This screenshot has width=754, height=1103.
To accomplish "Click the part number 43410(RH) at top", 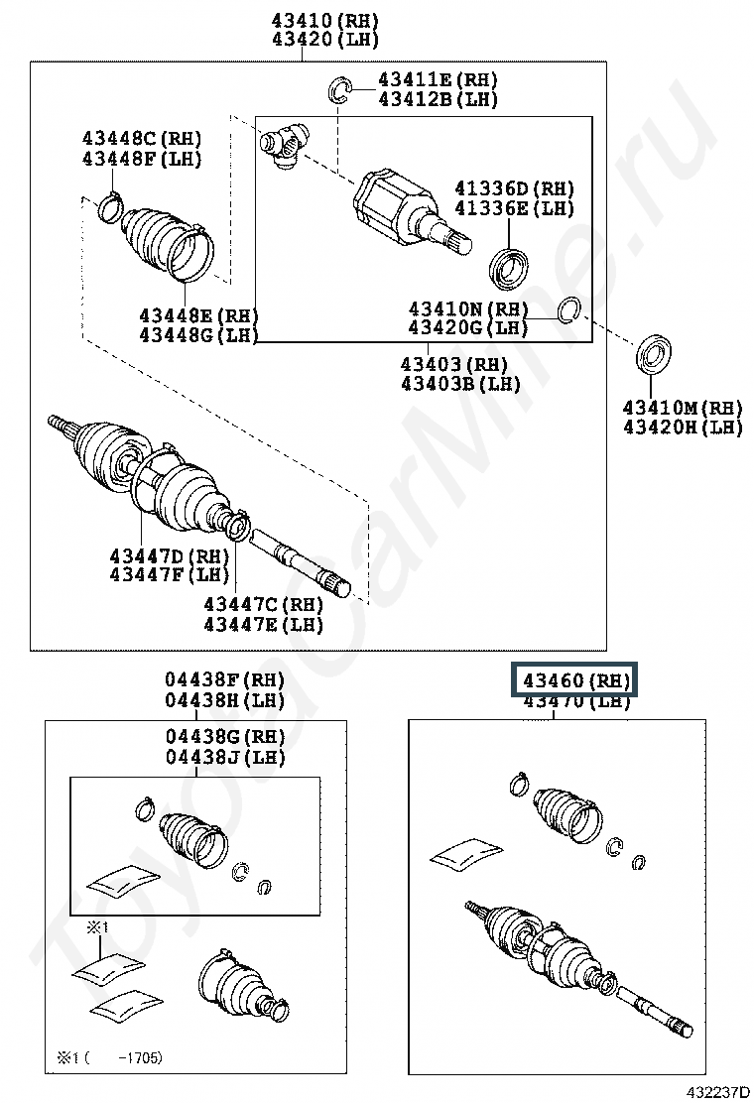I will tap(311, 21).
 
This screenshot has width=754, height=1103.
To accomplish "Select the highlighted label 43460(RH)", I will tap(576, 680).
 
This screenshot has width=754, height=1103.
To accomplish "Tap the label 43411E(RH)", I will tap(437, 79).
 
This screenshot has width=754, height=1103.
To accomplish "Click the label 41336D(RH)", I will tap(514, 188).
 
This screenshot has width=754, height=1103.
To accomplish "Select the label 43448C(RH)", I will tap(141, 138).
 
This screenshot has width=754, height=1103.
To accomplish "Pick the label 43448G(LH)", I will tap(198, 335).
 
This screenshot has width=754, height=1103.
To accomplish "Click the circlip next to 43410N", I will tap(569, 309).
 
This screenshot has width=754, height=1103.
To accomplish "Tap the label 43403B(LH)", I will tap(459, 384).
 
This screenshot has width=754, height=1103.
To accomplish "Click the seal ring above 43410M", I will tap(652, 355).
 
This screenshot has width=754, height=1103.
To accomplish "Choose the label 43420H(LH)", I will tap(682, 428).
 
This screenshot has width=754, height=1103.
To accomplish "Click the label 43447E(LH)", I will tap(263, 624).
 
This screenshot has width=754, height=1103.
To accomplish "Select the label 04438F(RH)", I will tap(224, 680).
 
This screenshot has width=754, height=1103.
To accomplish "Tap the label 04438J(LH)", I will tap(224, 757).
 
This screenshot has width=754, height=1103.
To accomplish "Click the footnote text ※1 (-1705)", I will tap(109, 1057).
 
